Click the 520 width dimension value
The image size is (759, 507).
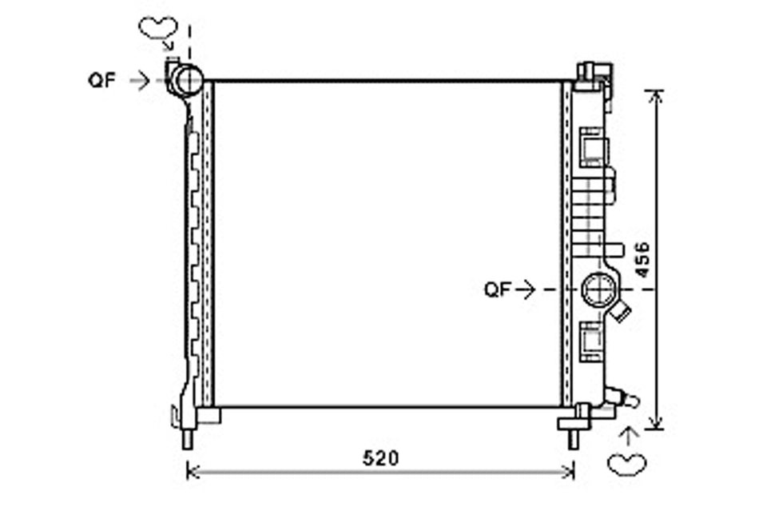[380, 458]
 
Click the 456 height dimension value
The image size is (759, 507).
[642, 259]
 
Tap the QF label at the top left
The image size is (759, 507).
[102, 80]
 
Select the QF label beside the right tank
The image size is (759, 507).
[498, 289]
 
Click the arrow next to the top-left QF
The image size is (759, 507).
[141, 80]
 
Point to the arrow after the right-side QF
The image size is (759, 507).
[526, 289]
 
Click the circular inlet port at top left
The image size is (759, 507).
[186, 80]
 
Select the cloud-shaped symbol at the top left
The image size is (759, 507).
[158, 28]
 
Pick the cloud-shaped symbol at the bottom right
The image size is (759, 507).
[627, 465]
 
